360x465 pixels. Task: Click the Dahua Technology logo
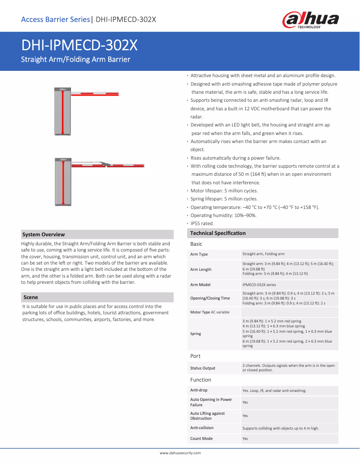(310, 20)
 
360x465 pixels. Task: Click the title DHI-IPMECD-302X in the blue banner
(79, 46)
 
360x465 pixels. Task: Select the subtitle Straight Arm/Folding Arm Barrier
(76, 60)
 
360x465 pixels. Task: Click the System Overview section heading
(44, 235)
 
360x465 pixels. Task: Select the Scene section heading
(31, 297)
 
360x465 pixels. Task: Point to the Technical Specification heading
(218, 233)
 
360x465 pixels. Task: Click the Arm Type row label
(199, 254)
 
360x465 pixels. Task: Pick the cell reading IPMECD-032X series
(259, 285)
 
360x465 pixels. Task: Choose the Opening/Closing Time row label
(210, 298)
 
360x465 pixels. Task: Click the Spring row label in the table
(196, 334)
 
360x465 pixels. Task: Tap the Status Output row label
(202, 368)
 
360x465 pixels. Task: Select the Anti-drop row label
(199, 390)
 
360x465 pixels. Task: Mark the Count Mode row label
(201, 439)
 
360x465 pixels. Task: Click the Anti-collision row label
(202, 428)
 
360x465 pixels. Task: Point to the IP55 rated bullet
(202, 223)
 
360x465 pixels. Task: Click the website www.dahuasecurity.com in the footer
(180, 453)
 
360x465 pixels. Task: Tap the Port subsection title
(195, 356)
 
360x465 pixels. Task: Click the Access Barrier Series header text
(55, 19)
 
